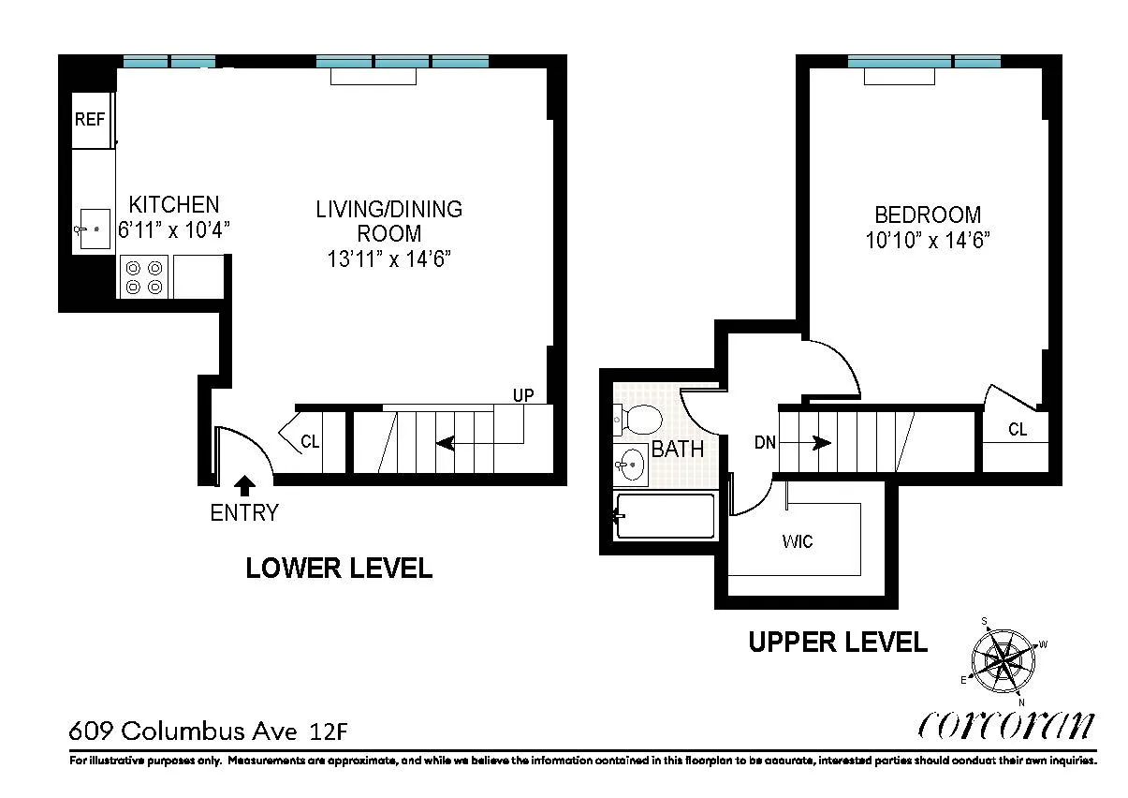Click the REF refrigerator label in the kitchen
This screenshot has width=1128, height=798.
(x=90, y=120)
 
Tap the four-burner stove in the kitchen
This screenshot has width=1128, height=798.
(x=143, y=276)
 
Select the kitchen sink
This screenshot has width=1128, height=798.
(x=92, y=229)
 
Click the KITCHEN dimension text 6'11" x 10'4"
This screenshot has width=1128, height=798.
(x=174, y=229)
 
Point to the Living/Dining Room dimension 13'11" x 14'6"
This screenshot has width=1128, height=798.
(x=389, y=259)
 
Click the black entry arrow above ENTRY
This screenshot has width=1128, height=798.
(x=244, y=484)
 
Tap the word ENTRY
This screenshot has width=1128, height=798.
(x=244, y=512)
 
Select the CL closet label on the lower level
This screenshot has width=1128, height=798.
(x=310, y=441)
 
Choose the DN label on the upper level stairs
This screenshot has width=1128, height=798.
(x=765, y=442)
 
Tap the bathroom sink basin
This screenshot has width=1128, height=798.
(x=633, y=464)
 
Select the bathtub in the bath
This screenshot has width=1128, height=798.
(x=665, y=516)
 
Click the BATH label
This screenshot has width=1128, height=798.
(x=678, y=449)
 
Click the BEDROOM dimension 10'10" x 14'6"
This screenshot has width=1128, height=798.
(x=928, y=241)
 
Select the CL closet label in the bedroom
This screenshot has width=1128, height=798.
(x=1018, y=430)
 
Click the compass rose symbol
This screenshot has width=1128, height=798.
(x=1003, y=662)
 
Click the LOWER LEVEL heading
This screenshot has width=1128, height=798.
(x=339, y=568)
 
